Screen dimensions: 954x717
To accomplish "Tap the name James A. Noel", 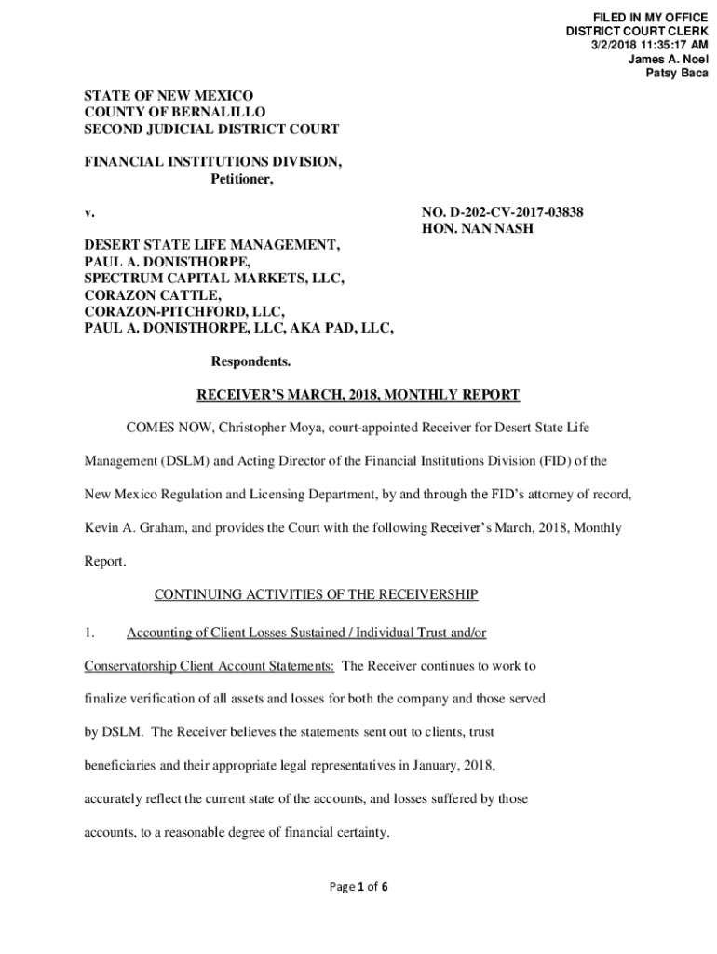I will coord(668,60).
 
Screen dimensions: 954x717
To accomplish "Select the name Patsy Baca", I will coord(677,74).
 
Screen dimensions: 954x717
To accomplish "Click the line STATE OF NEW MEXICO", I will coord(169,96).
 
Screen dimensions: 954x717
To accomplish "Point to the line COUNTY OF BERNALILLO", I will coord(175,113).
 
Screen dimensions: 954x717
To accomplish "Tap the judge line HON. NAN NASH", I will coord(478,229).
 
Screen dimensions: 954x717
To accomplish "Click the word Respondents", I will coord(251,361).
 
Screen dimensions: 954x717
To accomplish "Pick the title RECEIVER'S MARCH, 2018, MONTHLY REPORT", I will coord(358,395).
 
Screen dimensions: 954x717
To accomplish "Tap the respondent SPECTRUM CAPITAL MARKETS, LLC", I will coord(215,279).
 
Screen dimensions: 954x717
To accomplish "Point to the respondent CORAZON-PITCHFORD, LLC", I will coord(185,311).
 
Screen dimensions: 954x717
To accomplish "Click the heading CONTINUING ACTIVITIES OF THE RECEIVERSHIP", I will coord(316,593).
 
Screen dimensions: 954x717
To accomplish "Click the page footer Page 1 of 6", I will coord(358,887).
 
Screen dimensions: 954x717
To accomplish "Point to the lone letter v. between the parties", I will coord(89,212).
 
